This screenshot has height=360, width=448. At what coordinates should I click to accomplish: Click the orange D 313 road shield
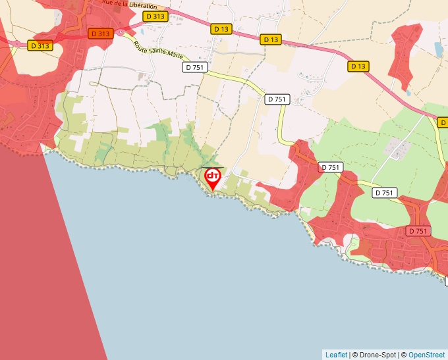coord(100,33)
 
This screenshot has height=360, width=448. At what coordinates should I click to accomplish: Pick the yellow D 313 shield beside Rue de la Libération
coord(155,16)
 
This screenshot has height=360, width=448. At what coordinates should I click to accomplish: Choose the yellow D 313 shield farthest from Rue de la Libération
coord(40,45)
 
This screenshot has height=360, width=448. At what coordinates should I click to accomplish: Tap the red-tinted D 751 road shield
coord(418,231)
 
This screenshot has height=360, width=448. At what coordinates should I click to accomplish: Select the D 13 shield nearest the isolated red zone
coord(358,66)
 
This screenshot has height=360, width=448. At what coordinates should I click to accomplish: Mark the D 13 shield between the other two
coord(271,39)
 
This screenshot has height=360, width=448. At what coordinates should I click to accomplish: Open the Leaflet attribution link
coord(336,355)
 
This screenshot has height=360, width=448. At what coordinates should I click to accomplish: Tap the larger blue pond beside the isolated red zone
coord(439,49)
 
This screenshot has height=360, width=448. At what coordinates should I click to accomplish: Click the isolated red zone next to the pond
coord(404,56)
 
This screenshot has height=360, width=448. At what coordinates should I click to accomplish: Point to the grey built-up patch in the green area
coord(398,149)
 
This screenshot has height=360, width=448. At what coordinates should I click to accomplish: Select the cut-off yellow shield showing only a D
coord(443,122)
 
